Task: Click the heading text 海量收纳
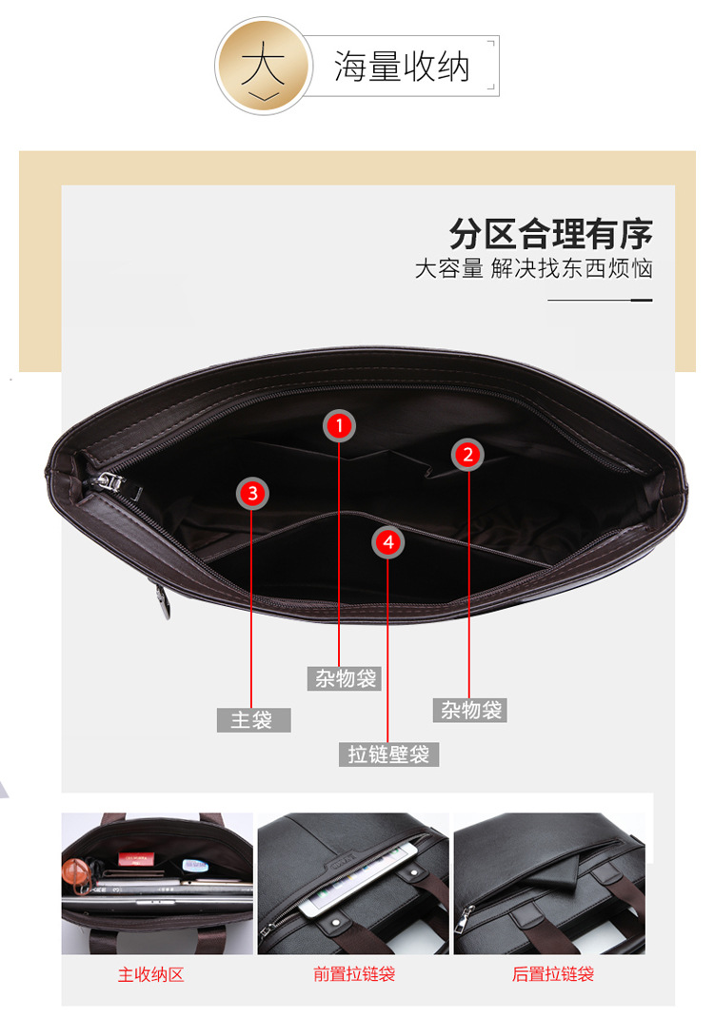coord(402,68)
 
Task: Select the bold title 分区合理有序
coord(551,233)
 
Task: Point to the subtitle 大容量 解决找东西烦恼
coord(533,268)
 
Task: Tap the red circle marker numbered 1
coord(339,426)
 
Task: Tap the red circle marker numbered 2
coord(467,455)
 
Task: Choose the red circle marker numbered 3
coord(252,493)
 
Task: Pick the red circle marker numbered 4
coord(387,541)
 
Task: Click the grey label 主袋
coord(252,720)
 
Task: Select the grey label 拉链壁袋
coord(387,754)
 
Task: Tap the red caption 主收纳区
coord(150,974)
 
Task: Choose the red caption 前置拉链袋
coord(353,974)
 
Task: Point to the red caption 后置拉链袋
coord(552,974)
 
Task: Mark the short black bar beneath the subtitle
coord(643,300)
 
